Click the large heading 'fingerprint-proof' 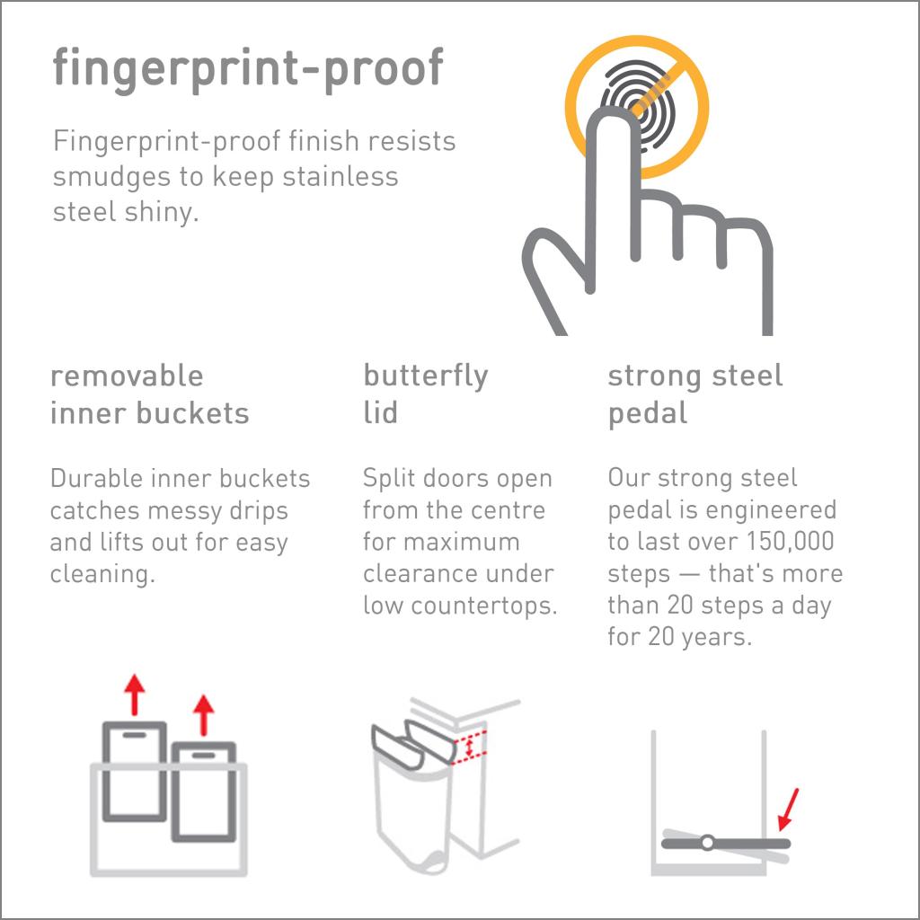[247, 68]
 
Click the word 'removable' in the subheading [127, 376]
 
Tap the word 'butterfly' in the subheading [425, 376]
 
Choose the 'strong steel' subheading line [695, 376]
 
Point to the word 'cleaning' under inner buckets [100, 574]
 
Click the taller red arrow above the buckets [135, 694]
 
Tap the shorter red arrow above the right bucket [204, 714]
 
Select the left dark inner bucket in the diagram [135, 771]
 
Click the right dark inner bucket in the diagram [203, 791]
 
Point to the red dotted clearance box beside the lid [469, 747]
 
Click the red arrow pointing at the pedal [786, 809]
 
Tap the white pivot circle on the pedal [707, 843]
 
